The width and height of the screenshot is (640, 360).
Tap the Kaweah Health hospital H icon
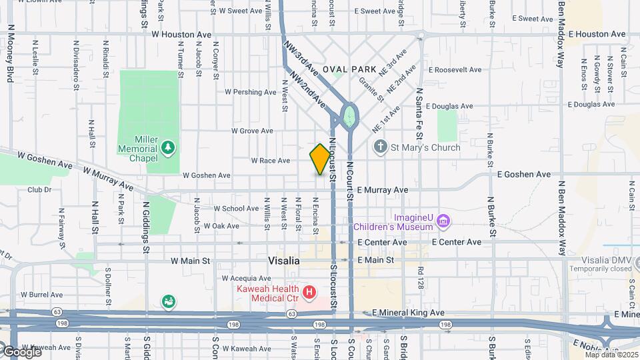pyautogui.click(x=309, y=292)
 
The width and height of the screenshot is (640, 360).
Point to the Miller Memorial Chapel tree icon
pyautogui.click(x=169, y=147)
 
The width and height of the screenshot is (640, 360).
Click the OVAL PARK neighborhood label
pyautogui.click(x=345, y=69)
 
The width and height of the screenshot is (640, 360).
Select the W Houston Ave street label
pyautogui.click(x=181, y=33)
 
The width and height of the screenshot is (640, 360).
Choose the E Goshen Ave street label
pyautogui.click(x=524, y=174)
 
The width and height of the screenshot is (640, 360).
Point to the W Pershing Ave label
pyautogui.click(x=250, y=92)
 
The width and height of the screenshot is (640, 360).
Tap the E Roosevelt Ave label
pyautogui.click(x=455, y=69)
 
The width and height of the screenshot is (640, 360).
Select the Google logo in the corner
pyautogui.click(x=21, y=351)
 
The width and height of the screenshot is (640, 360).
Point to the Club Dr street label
pyautogui.click(x=39, y=189)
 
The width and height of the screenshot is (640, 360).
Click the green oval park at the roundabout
pyautogui.click(x=348, y=116)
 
